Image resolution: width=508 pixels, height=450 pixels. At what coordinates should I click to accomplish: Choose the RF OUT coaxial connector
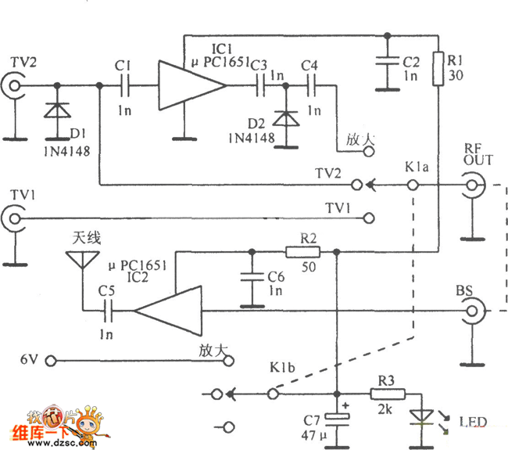pos(472,186)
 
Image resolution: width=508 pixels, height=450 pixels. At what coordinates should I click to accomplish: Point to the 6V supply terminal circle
pos(51,361)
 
